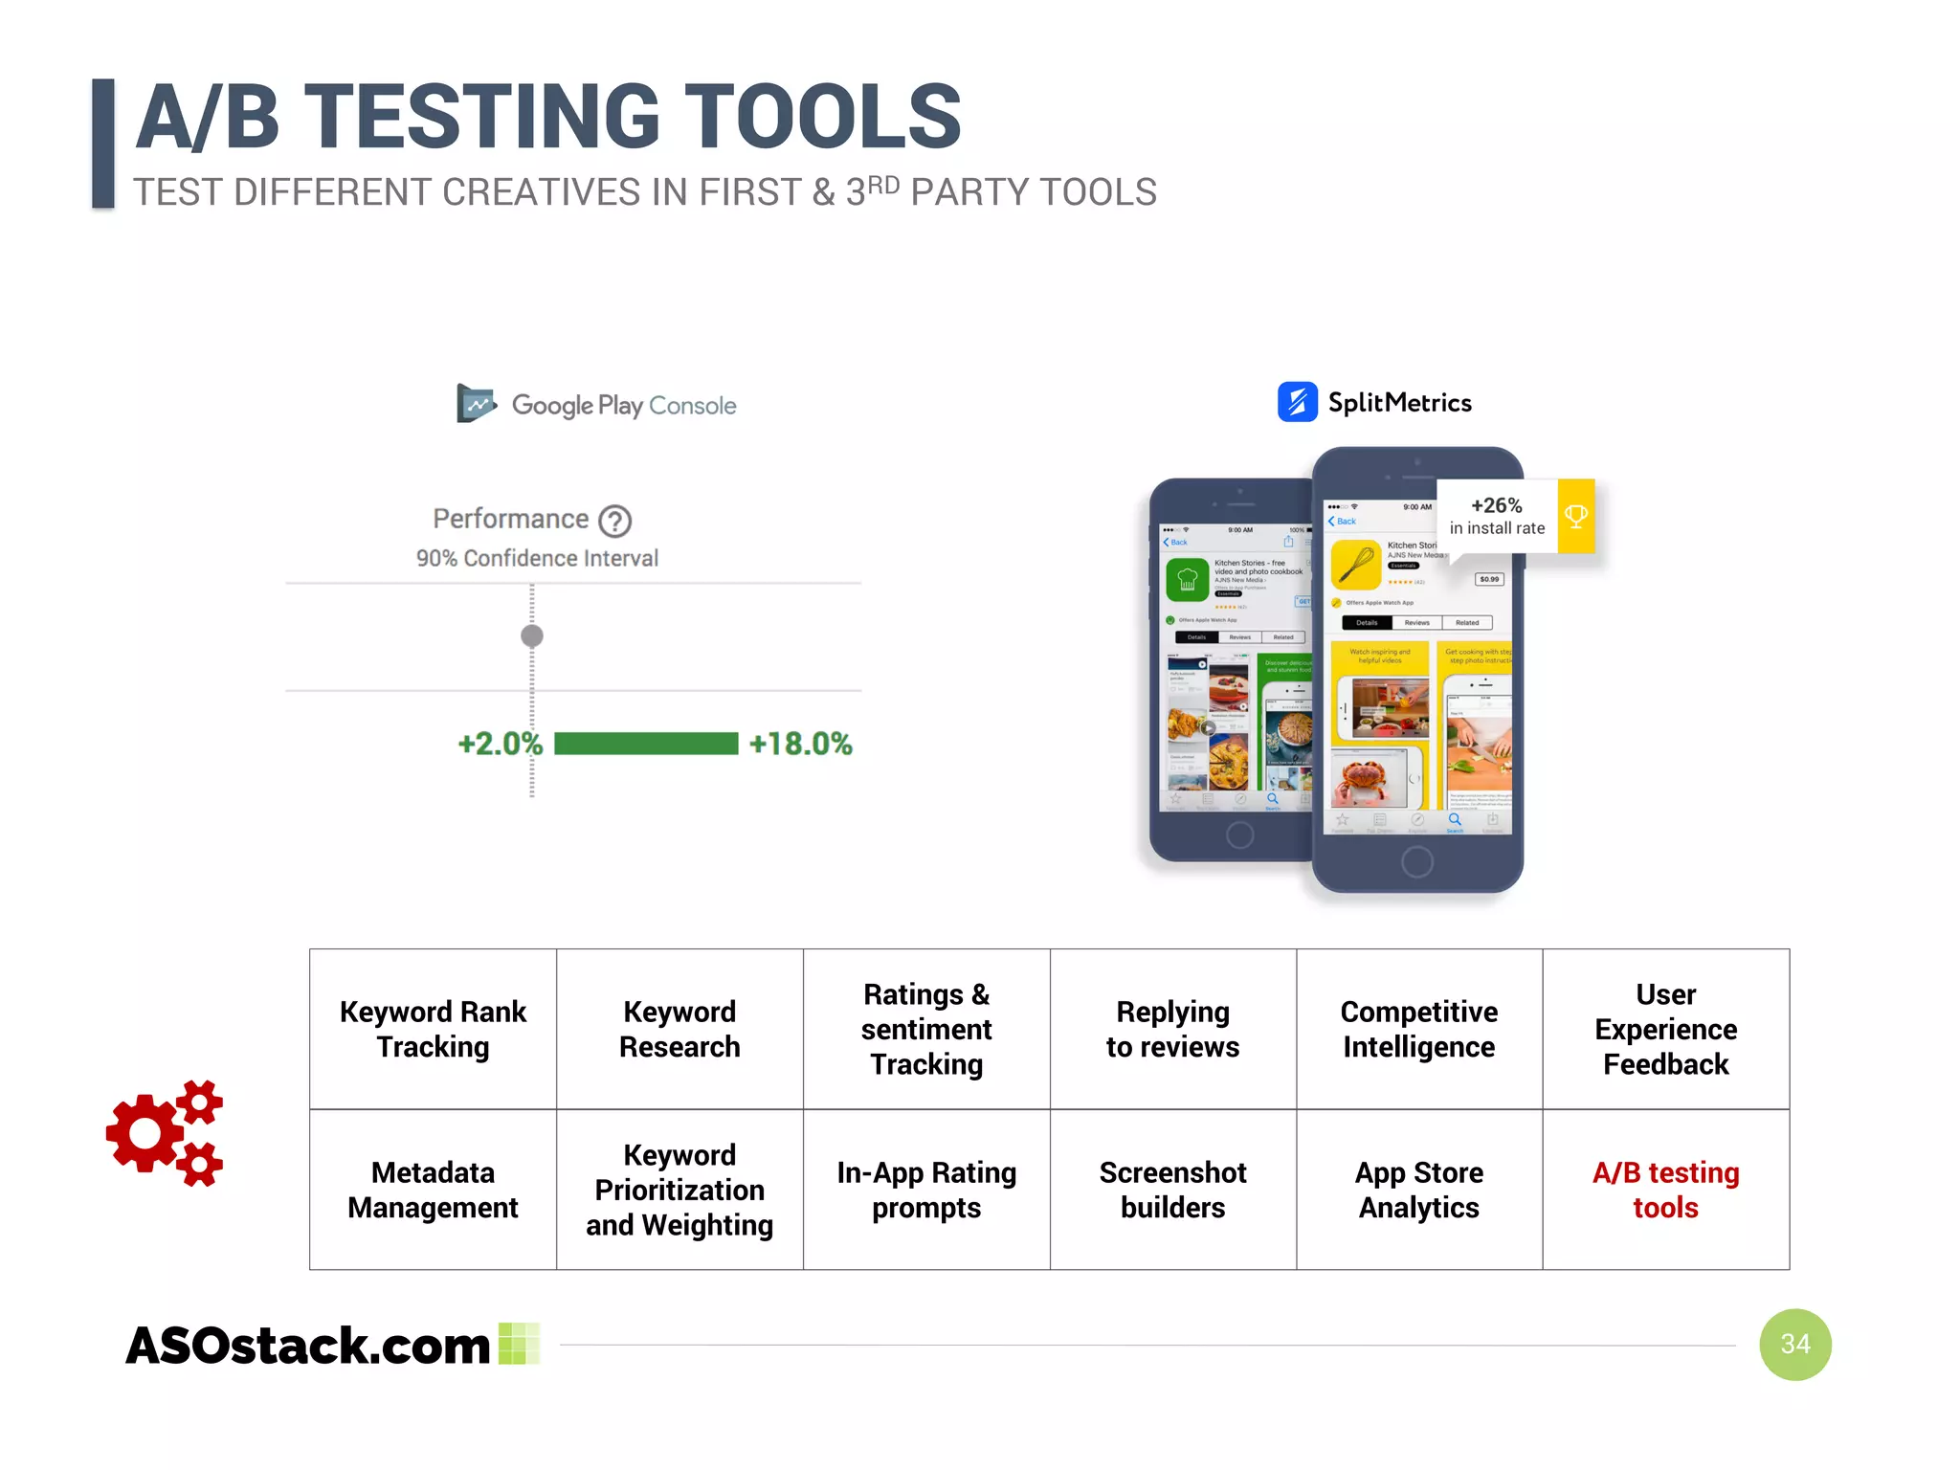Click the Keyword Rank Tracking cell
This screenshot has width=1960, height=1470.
433,1029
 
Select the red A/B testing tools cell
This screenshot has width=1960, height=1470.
1665,1190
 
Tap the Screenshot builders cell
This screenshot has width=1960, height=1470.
1172,1190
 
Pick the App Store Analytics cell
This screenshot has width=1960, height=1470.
1418,1190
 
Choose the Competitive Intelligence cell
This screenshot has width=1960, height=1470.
1418,1029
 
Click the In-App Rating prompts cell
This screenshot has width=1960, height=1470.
926,1190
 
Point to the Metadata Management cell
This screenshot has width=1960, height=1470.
433,1190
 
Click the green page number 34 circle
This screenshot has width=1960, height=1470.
1794,1344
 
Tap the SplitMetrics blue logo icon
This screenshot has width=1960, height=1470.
1297,402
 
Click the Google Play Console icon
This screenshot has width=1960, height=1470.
476,404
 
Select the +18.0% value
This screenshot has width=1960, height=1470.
800,744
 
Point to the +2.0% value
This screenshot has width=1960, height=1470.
500,744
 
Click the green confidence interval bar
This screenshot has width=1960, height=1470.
646,744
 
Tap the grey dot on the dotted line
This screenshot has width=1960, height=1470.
532,635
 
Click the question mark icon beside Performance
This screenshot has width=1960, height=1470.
614,521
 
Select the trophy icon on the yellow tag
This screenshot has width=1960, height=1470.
1575,517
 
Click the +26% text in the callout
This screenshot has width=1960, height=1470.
1496,505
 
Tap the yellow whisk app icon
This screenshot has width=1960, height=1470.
1355,565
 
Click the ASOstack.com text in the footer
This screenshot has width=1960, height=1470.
308,1345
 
